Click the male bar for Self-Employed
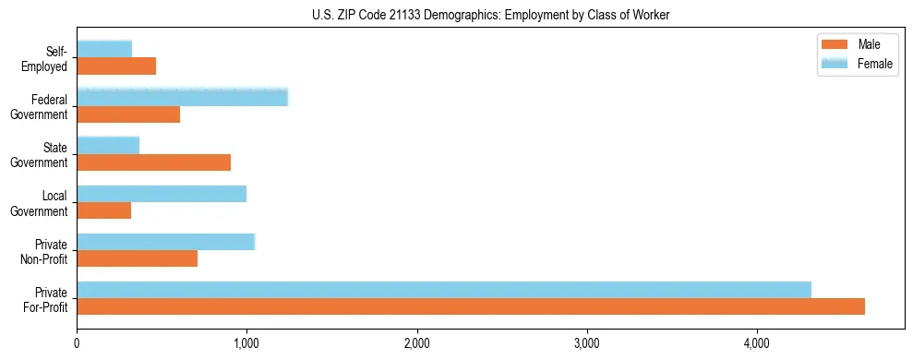point(116,66)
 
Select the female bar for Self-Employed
point(104,49)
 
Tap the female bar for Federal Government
point(182,97)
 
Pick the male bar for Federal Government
point(128,114)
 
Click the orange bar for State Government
point(153,162)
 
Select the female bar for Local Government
point(162,193)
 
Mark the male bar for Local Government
point(104,210)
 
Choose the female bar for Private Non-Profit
point(165,242)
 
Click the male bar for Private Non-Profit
point(137,259)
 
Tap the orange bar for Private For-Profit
point(471,307)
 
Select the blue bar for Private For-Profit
point(444,290)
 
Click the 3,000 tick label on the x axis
point(587,343)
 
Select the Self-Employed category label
point(48,58)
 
